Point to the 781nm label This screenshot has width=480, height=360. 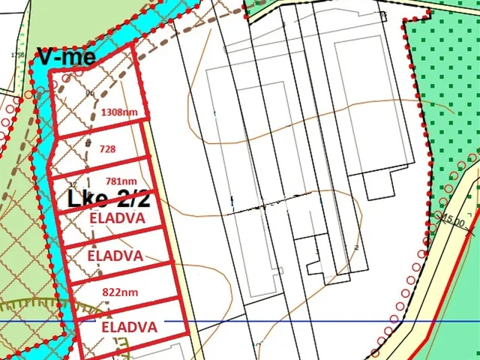[x=119, y=181]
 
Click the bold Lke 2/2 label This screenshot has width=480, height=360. [x=109, y=200]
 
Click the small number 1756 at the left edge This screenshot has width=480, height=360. [x=9, y=55]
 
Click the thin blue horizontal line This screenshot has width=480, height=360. [x=300, y=321]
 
